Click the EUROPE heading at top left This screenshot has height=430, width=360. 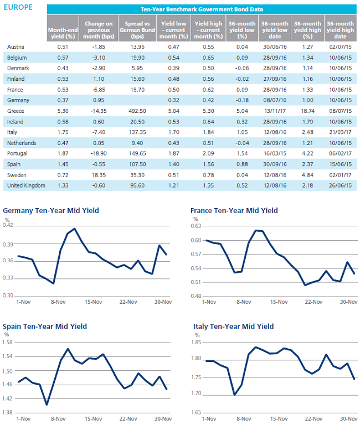point(18,7)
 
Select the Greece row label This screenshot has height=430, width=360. point(16,111)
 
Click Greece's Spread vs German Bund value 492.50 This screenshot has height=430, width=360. point(137,111)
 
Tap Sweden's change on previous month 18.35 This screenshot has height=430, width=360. point(99,175)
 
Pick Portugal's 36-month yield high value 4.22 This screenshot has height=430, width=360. point(307,154)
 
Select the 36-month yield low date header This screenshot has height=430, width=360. point(275,30)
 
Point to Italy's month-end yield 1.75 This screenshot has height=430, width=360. point(63,132)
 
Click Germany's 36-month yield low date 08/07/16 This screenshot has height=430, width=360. point(275,100)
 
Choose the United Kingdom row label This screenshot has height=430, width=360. point(26,185)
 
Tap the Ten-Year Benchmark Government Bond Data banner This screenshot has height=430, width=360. point(202,9)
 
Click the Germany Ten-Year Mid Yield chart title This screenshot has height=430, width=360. point(51,211)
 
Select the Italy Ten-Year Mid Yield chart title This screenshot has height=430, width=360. point(234,327)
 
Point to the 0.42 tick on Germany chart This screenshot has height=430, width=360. point(8,225)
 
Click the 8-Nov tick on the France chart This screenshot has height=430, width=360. point(244,302)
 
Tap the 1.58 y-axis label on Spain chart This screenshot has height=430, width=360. point(7,343)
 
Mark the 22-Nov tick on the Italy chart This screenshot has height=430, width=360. point(313,419)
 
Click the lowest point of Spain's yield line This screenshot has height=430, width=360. point(47,405)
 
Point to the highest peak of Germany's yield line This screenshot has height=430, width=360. point(75,229)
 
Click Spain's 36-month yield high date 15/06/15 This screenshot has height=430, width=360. point(340,164)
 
